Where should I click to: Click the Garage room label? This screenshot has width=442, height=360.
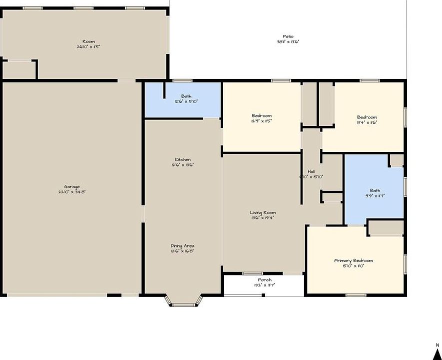click(x=71, y=187)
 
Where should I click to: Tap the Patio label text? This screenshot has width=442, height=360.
click(x=288, y=36)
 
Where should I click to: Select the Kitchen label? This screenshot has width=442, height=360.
click(x=182, y=159)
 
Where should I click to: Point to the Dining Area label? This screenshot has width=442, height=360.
click(x=182, y=245)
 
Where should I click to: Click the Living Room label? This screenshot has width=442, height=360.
click(x=263, y=212)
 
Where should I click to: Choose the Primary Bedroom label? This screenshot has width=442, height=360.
click(x=353, y=260)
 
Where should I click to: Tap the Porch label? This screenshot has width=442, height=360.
click(x=264, y=279)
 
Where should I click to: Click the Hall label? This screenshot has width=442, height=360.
click(x=311, y=171)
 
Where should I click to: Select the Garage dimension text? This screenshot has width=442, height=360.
click(x=71, y=192)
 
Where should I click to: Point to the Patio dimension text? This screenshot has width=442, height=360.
click(x=288, y=42)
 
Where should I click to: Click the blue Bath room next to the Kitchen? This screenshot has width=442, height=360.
click(x=183, y=99)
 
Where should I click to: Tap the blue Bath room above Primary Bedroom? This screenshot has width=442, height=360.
click(x=374, y=192)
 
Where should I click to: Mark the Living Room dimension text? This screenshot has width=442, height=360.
click(x=263, y=217)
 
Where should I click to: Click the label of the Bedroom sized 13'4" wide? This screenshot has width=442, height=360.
click(x=367, y=117)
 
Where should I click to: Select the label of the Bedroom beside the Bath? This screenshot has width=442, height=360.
click(x=261, y=115)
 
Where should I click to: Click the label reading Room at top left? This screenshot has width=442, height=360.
click(x=88, y=41)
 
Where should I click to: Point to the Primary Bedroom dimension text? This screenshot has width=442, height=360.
click(x=353, y=266)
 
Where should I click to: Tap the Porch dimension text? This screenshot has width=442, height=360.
click(x=264, y=285)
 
